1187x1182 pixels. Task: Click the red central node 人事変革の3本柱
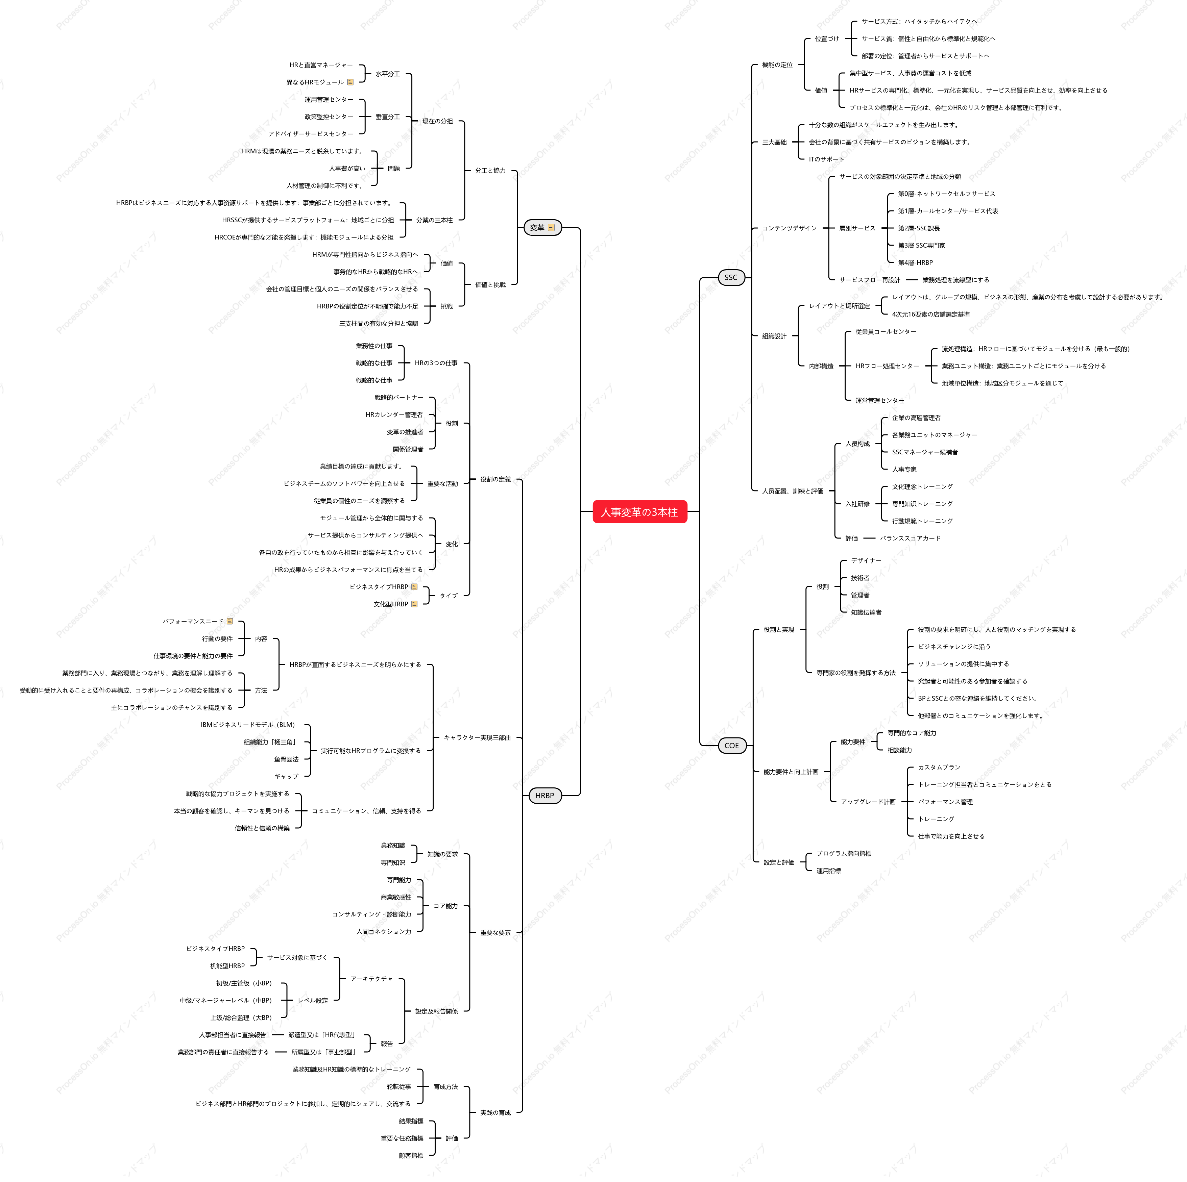coord(639,512)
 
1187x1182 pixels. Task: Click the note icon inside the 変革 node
coord(551,228)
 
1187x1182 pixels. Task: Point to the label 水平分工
coord(388,74)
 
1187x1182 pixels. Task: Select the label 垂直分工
coord(388,117)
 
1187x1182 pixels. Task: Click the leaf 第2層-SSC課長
coord(919,228)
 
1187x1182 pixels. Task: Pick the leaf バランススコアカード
coord(910,538)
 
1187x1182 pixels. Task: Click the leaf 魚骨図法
coord(286,759)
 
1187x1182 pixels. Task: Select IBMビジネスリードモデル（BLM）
coord(248,725)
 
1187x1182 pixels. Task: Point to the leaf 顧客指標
coord(411,1156)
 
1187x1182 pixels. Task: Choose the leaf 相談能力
coord(899,750)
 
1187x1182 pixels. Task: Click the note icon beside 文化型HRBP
coord(414,604)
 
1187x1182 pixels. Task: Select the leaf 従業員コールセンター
coord(886,332)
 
